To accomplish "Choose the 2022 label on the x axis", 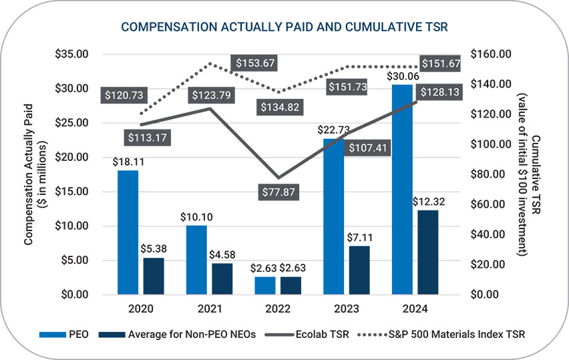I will [277, 309].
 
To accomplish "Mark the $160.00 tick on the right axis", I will [490, 54].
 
